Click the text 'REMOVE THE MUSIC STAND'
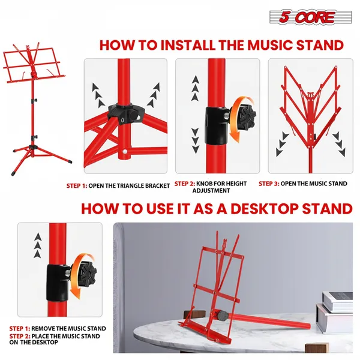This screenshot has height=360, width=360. pyautogui.click(x=69, y=328)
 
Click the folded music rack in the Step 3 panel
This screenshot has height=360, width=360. pyautogui.click(x=309, y=108)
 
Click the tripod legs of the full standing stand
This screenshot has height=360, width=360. pyautogui.click(x=36, y=150)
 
